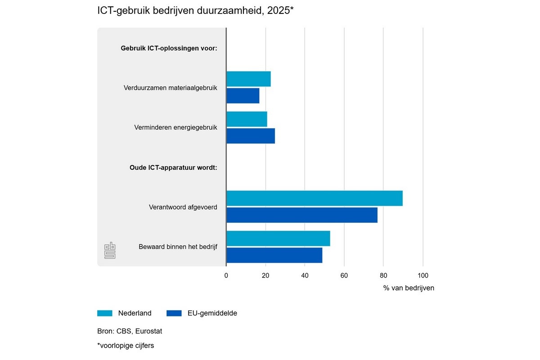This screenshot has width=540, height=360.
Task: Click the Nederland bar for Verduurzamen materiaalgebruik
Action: [248, 79]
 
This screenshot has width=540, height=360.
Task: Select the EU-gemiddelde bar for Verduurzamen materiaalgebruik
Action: [243, 96]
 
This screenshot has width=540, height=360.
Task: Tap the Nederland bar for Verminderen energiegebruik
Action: [247, 119]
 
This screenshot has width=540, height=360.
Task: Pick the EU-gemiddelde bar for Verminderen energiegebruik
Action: [251, 136]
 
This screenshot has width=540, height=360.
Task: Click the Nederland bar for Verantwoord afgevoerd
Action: [314, 198]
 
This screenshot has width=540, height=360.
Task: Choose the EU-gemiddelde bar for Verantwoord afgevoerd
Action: [301, 215]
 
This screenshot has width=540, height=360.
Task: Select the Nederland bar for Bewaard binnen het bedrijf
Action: [278, 238]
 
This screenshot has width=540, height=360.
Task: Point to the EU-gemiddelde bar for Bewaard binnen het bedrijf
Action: [274, 255]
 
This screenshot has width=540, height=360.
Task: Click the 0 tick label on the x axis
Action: [226, 276]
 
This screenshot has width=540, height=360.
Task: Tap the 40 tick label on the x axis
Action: [305, 276]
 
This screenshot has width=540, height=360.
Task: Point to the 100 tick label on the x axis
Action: [423, 276]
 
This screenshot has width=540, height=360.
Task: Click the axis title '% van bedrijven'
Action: [409, 288]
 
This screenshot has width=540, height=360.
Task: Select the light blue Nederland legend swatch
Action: [104, 313]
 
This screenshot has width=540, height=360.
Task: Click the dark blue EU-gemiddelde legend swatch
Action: [174, 313]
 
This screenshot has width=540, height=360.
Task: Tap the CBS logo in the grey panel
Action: [110, 251]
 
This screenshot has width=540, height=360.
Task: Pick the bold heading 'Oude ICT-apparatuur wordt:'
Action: [171, 167]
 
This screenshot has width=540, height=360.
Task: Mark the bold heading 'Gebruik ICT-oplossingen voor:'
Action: [169, 48]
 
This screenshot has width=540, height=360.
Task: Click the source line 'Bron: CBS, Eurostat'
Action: [130, 331]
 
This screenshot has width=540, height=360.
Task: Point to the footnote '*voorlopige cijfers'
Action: [126, 346]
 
